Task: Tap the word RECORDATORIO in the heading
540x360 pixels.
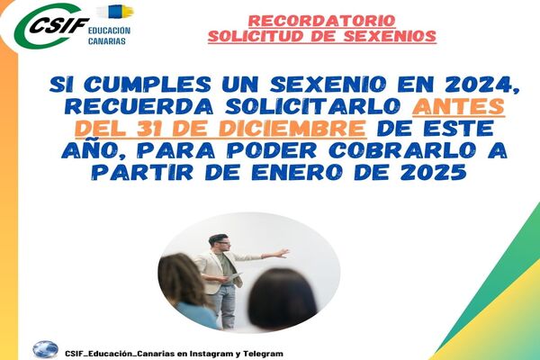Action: coord(321,21)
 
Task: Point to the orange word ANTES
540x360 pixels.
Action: coord(458,107)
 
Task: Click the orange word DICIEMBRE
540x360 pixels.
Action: coord(292,129)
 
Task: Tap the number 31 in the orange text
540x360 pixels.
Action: coord(151,129)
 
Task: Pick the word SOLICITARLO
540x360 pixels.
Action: coord(312,107)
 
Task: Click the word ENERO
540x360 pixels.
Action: coord(296,172)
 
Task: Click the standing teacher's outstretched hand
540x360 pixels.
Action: coord(283,253)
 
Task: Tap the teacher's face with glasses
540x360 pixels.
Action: coord(221,244)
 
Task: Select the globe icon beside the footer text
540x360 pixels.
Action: coord(46,350)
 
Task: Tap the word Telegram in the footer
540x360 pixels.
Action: coord(263,354)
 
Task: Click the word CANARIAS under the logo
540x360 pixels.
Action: coord(107,41)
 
